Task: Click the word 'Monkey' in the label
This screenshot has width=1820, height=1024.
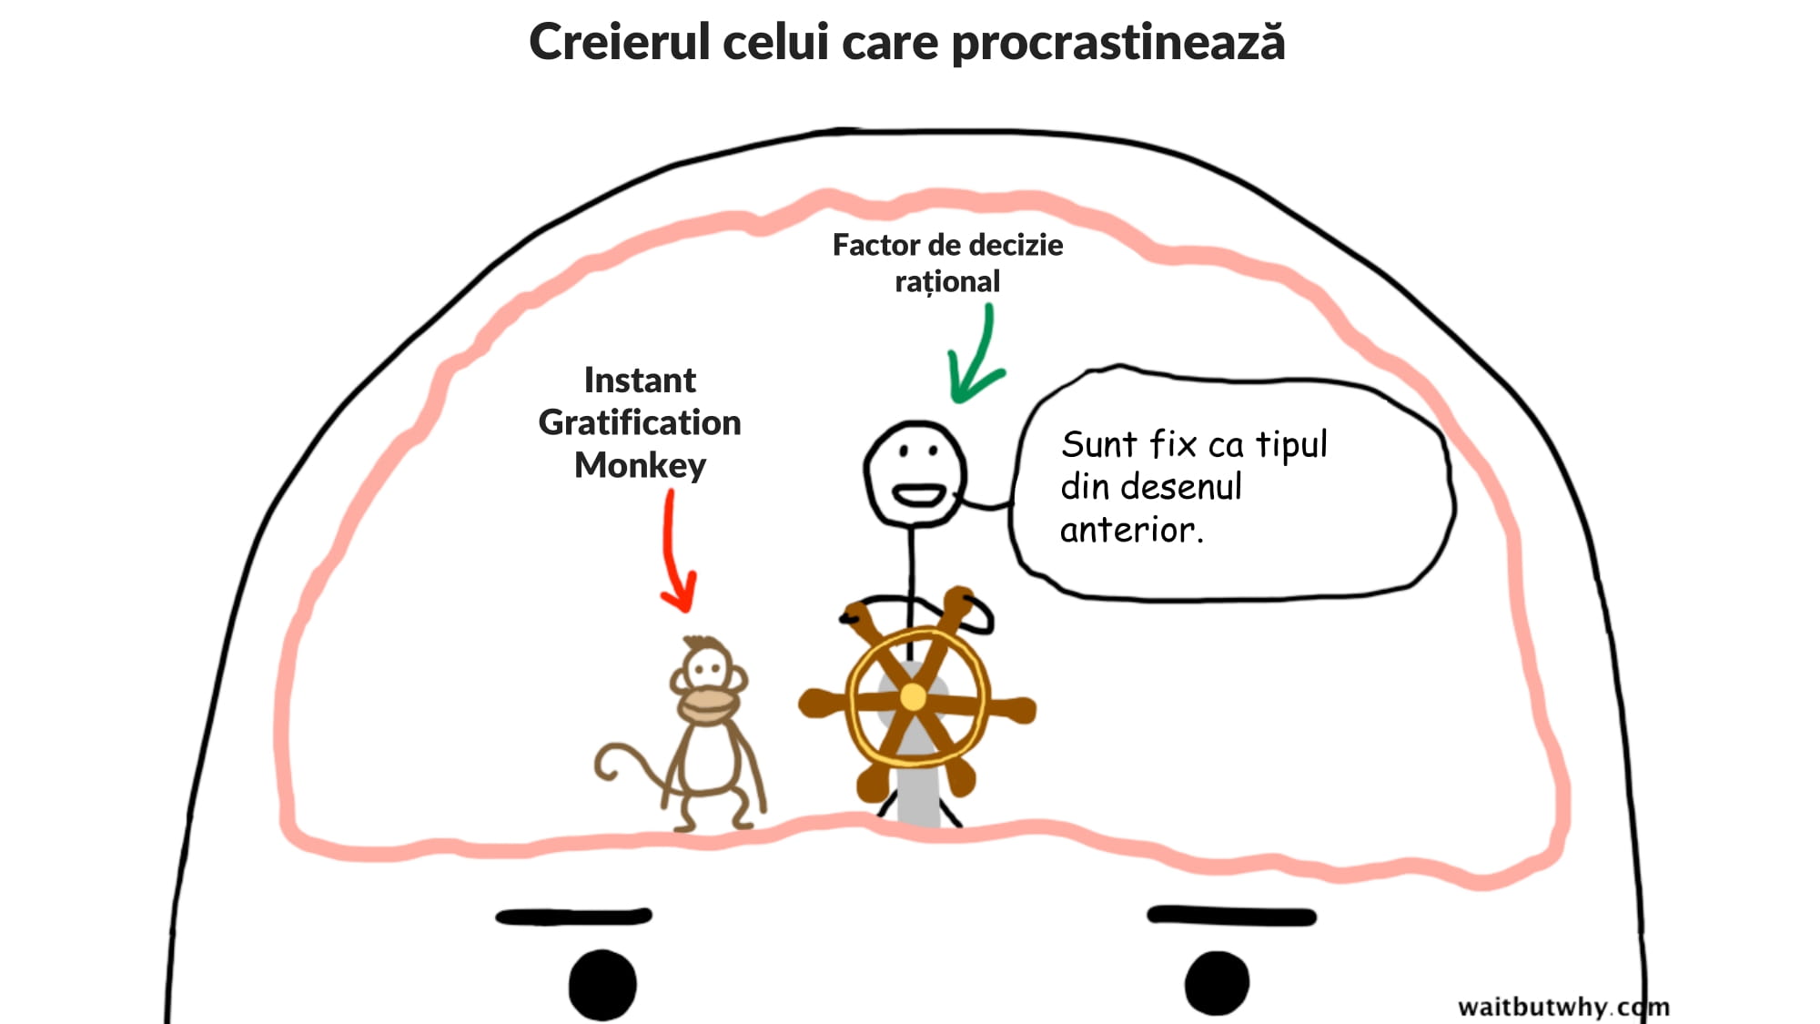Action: [x=640, y=465]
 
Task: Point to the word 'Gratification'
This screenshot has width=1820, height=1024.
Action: [x=640, y=422]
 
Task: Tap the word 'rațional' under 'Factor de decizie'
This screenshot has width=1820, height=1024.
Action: [x=947, y=282]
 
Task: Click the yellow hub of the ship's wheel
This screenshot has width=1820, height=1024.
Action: [x=913, y=698]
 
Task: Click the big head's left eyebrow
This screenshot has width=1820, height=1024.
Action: [x=573, y=916]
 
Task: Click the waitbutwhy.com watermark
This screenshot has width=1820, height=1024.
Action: [x=1563, y=1007]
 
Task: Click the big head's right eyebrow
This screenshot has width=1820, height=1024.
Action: [x=1231, y=915]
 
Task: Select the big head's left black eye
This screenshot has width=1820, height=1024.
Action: [x=602, y=984]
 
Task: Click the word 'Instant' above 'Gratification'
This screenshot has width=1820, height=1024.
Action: [x=640, y=380]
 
